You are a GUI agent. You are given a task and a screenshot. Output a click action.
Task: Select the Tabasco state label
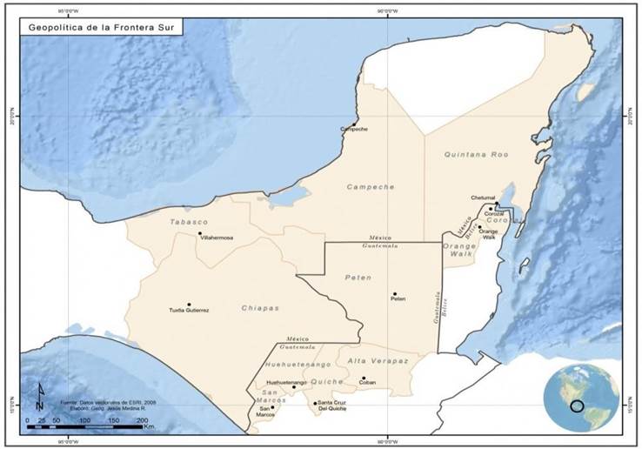189,222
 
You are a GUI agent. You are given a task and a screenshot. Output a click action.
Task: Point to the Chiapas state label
260,308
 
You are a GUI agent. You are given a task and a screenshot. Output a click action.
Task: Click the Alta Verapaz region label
380,360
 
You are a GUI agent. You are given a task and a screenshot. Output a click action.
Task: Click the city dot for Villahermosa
199,232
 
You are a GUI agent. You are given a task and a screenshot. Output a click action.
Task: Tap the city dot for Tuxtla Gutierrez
188,305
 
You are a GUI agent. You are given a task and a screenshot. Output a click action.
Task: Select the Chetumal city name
482,198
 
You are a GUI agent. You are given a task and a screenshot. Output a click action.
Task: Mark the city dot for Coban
364,379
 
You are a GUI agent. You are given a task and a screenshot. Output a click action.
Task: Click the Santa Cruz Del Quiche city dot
315,402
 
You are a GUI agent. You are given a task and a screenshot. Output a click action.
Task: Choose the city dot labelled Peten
394,294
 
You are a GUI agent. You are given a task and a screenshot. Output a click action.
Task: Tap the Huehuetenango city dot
294,386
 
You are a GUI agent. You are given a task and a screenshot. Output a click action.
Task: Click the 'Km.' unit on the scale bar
150,427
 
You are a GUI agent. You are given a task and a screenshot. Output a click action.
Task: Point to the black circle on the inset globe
577,405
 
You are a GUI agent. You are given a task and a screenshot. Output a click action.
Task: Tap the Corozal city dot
491,209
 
